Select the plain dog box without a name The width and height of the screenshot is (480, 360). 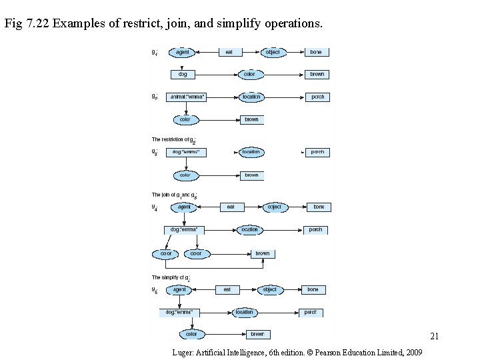click(x=183, y=74)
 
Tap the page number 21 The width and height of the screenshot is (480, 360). click(x=434, y=335)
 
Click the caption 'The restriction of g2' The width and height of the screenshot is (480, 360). click(x=173, y=139)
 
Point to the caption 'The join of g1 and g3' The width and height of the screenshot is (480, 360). click(x=174, y=195)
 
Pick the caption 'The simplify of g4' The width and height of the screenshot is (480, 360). click(x=171, y=277)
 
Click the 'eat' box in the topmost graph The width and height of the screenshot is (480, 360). click(x=229, y=52)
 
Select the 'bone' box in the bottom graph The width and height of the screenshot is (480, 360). click(x=313, y=290)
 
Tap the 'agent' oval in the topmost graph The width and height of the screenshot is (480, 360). click(x=182, y=52)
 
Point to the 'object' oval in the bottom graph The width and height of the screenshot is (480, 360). click(x=269, y=290)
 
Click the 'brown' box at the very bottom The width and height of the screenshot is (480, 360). click(x=257, y=334)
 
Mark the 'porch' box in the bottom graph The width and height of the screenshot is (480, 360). click(x=311, y=312)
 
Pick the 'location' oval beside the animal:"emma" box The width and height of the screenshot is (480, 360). click(x=251, y=97)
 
